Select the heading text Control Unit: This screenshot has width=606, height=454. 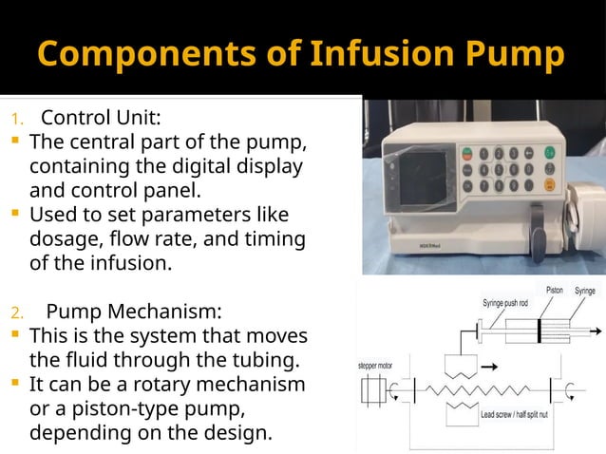[101, 119]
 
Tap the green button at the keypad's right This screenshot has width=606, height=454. [549, 153]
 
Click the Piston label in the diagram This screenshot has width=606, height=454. [553, 290]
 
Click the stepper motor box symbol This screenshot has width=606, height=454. [372, 390]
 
